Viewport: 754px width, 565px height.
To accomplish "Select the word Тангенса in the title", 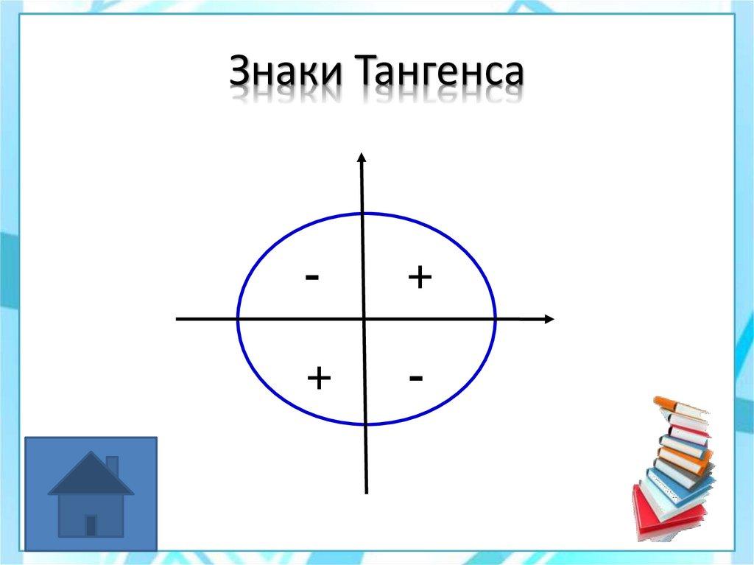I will click(441, 74).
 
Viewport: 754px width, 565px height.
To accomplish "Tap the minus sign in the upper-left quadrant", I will click(312, 278).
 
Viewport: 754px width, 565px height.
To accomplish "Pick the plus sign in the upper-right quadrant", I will click(419, 278).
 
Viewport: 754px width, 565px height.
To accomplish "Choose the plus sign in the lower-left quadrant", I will click(319, 378).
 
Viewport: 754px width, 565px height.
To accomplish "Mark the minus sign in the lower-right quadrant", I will click(416, 378).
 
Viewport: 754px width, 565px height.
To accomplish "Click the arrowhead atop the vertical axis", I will click(361, 156).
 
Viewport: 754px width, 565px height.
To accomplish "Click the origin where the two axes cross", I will click(364, 319).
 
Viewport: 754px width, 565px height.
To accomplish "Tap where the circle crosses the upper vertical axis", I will click(362, 214).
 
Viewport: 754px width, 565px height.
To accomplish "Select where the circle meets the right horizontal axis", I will click(495, 319).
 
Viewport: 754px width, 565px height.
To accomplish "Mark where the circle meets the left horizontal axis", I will click(238, 319).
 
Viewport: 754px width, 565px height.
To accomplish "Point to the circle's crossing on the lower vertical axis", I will click(365, 424).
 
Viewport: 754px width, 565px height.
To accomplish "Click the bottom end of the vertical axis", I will click(366, 492).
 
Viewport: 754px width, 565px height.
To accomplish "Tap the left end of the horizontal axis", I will click(178, 319).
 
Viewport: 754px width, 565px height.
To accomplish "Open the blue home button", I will click(91, 494).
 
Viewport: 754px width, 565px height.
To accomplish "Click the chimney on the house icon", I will click(112, 466).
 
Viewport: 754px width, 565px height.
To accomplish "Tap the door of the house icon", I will click(91, 524).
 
